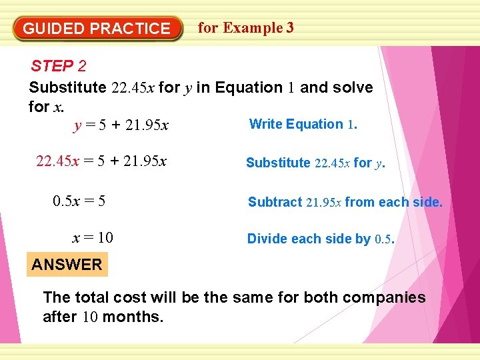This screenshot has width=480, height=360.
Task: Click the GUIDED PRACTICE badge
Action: [97, 29]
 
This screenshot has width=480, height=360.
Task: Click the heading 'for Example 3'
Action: [246, 28]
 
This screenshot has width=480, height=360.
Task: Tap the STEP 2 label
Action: [59, 66]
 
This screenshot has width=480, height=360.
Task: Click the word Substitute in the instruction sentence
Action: [67, 88]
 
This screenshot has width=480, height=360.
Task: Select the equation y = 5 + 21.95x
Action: [121, 125]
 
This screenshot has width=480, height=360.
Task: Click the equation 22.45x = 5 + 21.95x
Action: [101, 161]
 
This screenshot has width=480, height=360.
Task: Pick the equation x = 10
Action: [93, 238]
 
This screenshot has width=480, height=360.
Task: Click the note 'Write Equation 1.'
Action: [303, 124]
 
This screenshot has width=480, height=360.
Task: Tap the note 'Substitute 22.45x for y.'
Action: [315, 163]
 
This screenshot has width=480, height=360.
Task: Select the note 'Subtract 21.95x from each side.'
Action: [345, 202]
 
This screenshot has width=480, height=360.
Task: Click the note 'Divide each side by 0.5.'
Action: [321, 239]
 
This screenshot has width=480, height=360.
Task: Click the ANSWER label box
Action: [67, 265]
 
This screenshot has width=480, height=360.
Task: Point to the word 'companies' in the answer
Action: [386, 297]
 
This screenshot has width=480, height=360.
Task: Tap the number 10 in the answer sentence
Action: [90, 317]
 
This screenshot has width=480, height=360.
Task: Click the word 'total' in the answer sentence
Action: [92, 297]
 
